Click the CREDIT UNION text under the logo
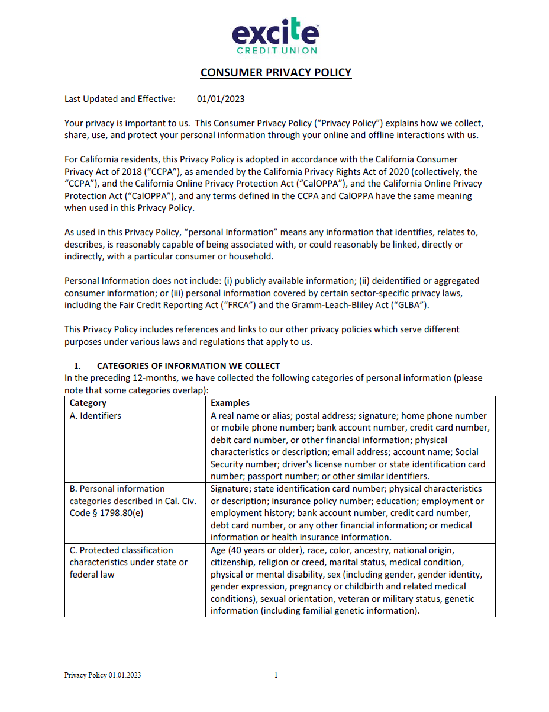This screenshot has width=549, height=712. (277, 51)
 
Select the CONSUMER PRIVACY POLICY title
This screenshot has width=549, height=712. (276, 73)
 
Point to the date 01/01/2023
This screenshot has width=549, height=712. (221, 99)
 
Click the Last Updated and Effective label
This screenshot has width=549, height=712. (120, 99)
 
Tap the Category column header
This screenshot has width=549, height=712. (88, 403)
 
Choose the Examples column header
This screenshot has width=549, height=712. (230, 403)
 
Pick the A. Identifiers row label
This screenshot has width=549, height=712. (95, 416)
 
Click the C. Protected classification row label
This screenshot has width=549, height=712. (121, 550)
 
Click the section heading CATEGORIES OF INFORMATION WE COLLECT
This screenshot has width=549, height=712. (188, 366)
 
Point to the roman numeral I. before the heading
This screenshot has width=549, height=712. (76, 366)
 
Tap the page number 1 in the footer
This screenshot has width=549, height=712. (276, 675)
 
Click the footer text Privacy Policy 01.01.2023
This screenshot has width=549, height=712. (102, 675)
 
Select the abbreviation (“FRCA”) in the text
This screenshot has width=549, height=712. (250, 305)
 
